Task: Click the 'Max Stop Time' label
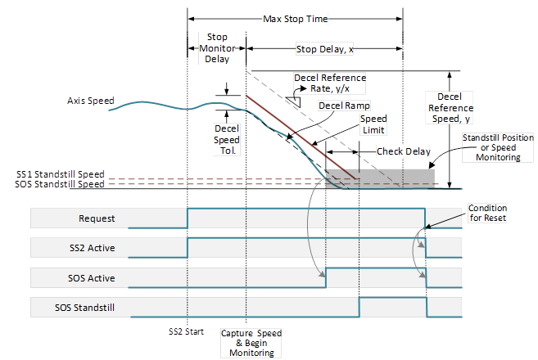pyautogui.click(x=296, y=17)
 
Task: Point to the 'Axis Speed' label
pyautogui.click(x=90, y=101)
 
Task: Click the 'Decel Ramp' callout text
pyautogui.click(x=345, y=106)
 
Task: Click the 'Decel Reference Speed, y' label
pyautogui.click(x=450, y=113)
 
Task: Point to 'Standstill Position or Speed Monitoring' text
pyautogui.click(x=491, y=147)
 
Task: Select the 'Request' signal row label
pyautogui.click(x=97, y=218)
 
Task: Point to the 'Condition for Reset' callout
pyautogui.click(x=487, y=214)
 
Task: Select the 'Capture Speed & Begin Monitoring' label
pyautogui.click(x=250, y=343)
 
